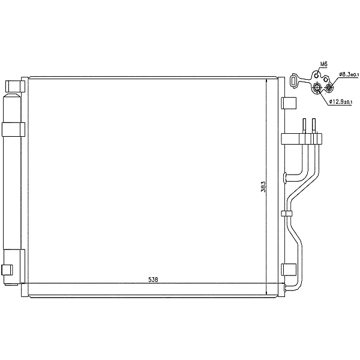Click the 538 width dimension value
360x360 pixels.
(x=153, y=280)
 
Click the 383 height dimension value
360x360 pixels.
(x=263, y=187)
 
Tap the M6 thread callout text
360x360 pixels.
(x=323, y=64)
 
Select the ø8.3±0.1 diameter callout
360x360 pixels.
(x=349, y=74)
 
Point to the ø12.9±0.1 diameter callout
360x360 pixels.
(x=340, y=101)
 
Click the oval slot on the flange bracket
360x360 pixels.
(x=293, y=81)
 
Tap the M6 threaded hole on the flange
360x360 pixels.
(x=317, y=76)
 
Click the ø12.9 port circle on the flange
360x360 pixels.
(x=317, y=87)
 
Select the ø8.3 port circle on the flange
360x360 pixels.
(x=329, y=87)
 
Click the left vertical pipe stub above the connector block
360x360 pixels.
(x=304, y=126)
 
